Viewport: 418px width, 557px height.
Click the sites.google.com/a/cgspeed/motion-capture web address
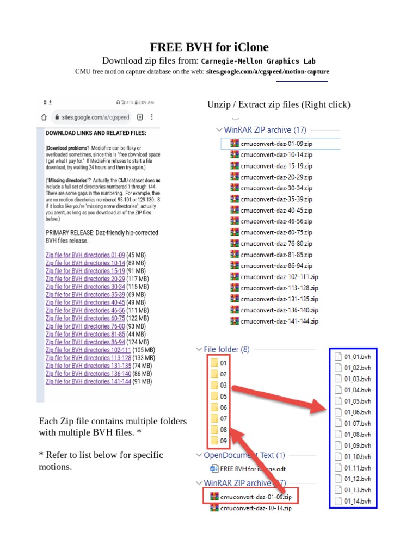[x=267, y=71]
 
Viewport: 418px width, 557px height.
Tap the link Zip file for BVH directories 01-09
[x=85, y=255]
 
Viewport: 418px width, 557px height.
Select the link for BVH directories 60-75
[x=85, y=318]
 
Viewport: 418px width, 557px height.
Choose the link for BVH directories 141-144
[x=88, y=382]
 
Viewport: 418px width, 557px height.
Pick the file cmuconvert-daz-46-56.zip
[x=276, y=221]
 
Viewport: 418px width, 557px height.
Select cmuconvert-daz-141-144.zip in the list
[x=279, y=321]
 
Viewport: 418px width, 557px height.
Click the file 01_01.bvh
[x=357, y=357]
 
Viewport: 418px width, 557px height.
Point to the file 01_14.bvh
[x=357, y=501]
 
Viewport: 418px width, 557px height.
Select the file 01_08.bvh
[x=357, y=434]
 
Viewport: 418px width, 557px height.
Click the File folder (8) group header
[x=226, y=350]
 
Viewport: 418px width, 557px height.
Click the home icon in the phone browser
[x=44, y=117]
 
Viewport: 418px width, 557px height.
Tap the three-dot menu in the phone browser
[x=152, y=117]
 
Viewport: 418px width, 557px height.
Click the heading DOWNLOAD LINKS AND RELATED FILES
[x=95, y=133]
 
